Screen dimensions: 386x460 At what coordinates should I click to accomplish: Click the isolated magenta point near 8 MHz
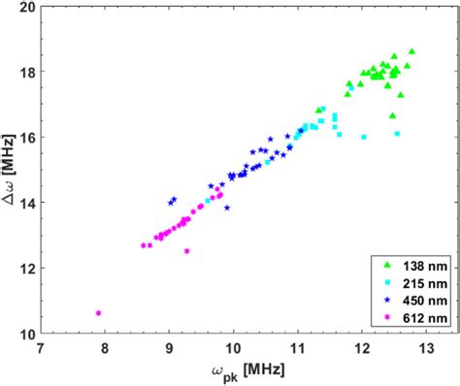click(x=98, y=312)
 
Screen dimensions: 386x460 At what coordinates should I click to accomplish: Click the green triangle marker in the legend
click(x=386, y=265)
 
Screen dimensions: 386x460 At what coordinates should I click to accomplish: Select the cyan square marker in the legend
click(x=386, y=282)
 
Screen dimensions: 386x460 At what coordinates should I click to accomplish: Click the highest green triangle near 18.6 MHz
click(x=411, y=51)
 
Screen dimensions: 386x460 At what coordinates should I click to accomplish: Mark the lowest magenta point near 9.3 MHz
click(x=186, y=251)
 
